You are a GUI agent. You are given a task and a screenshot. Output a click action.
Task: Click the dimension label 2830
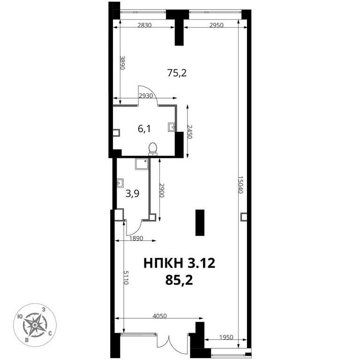pyautogui.click(x=144, y=25)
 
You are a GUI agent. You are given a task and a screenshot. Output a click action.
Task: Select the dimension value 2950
pyautogui.click(x=216, y=25)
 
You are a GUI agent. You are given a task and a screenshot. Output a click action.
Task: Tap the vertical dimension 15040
pyautogui.click(x=240, y=185)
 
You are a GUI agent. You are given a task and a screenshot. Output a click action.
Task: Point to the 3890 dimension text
pyautogui.click(x=122, y=63)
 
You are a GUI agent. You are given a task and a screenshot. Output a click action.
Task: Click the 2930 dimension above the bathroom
pyautogui.click(x=146, y=96)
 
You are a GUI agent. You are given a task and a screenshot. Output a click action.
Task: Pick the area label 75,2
pyautogui.click(x=177, y=73)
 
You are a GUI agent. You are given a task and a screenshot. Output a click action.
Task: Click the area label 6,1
pyautogui.click(x=144, y=129)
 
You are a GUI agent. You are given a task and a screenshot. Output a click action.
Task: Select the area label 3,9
pyautogui.click(x=133, y=194)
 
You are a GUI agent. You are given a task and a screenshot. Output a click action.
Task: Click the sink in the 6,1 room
pyautogui.click(x=171, y=127)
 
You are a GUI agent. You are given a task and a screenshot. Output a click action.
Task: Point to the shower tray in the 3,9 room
pyautogui.click(x=142, y=164)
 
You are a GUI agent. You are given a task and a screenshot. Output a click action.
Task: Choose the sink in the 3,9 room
pyautogui.click(x=120, y=183)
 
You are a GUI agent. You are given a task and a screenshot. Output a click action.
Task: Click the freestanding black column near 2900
pyautogui.click(x=200, y=223)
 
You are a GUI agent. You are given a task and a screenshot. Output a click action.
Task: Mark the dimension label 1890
pyautogui.click(x=136, y=238)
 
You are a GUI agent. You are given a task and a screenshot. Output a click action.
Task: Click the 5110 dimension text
pyautogui.click(x=126, y=277)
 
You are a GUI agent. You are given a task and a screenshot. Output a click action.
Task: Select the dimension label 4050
pyautogui.click(x=159, y=316)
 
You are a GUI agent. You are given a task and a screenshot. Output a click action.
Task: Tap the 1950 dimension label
pyautogui.click(x=226, y=337)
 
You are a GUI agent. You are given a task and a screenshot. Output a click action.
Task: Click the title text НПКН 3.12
pyautogui.click(x=180, y=263)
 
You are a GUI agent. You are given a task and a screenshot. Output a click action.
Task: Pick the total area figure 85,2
pyautogui.click(x=179, y=280)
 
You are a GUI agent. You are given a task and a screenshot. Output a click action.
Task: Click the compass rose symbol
pyautogui.click(x=35, y=325)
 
